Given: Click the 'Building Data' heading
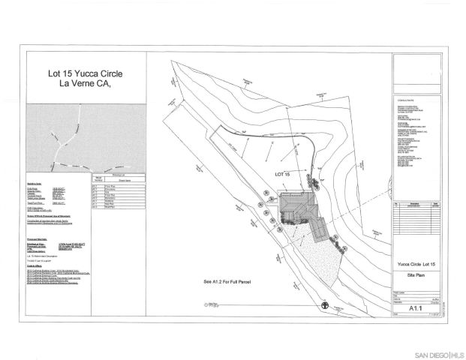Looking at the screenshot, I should (x=34, y=181).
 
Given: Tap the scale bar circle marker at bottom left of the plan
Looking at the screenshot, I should (x=205, y=304).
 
